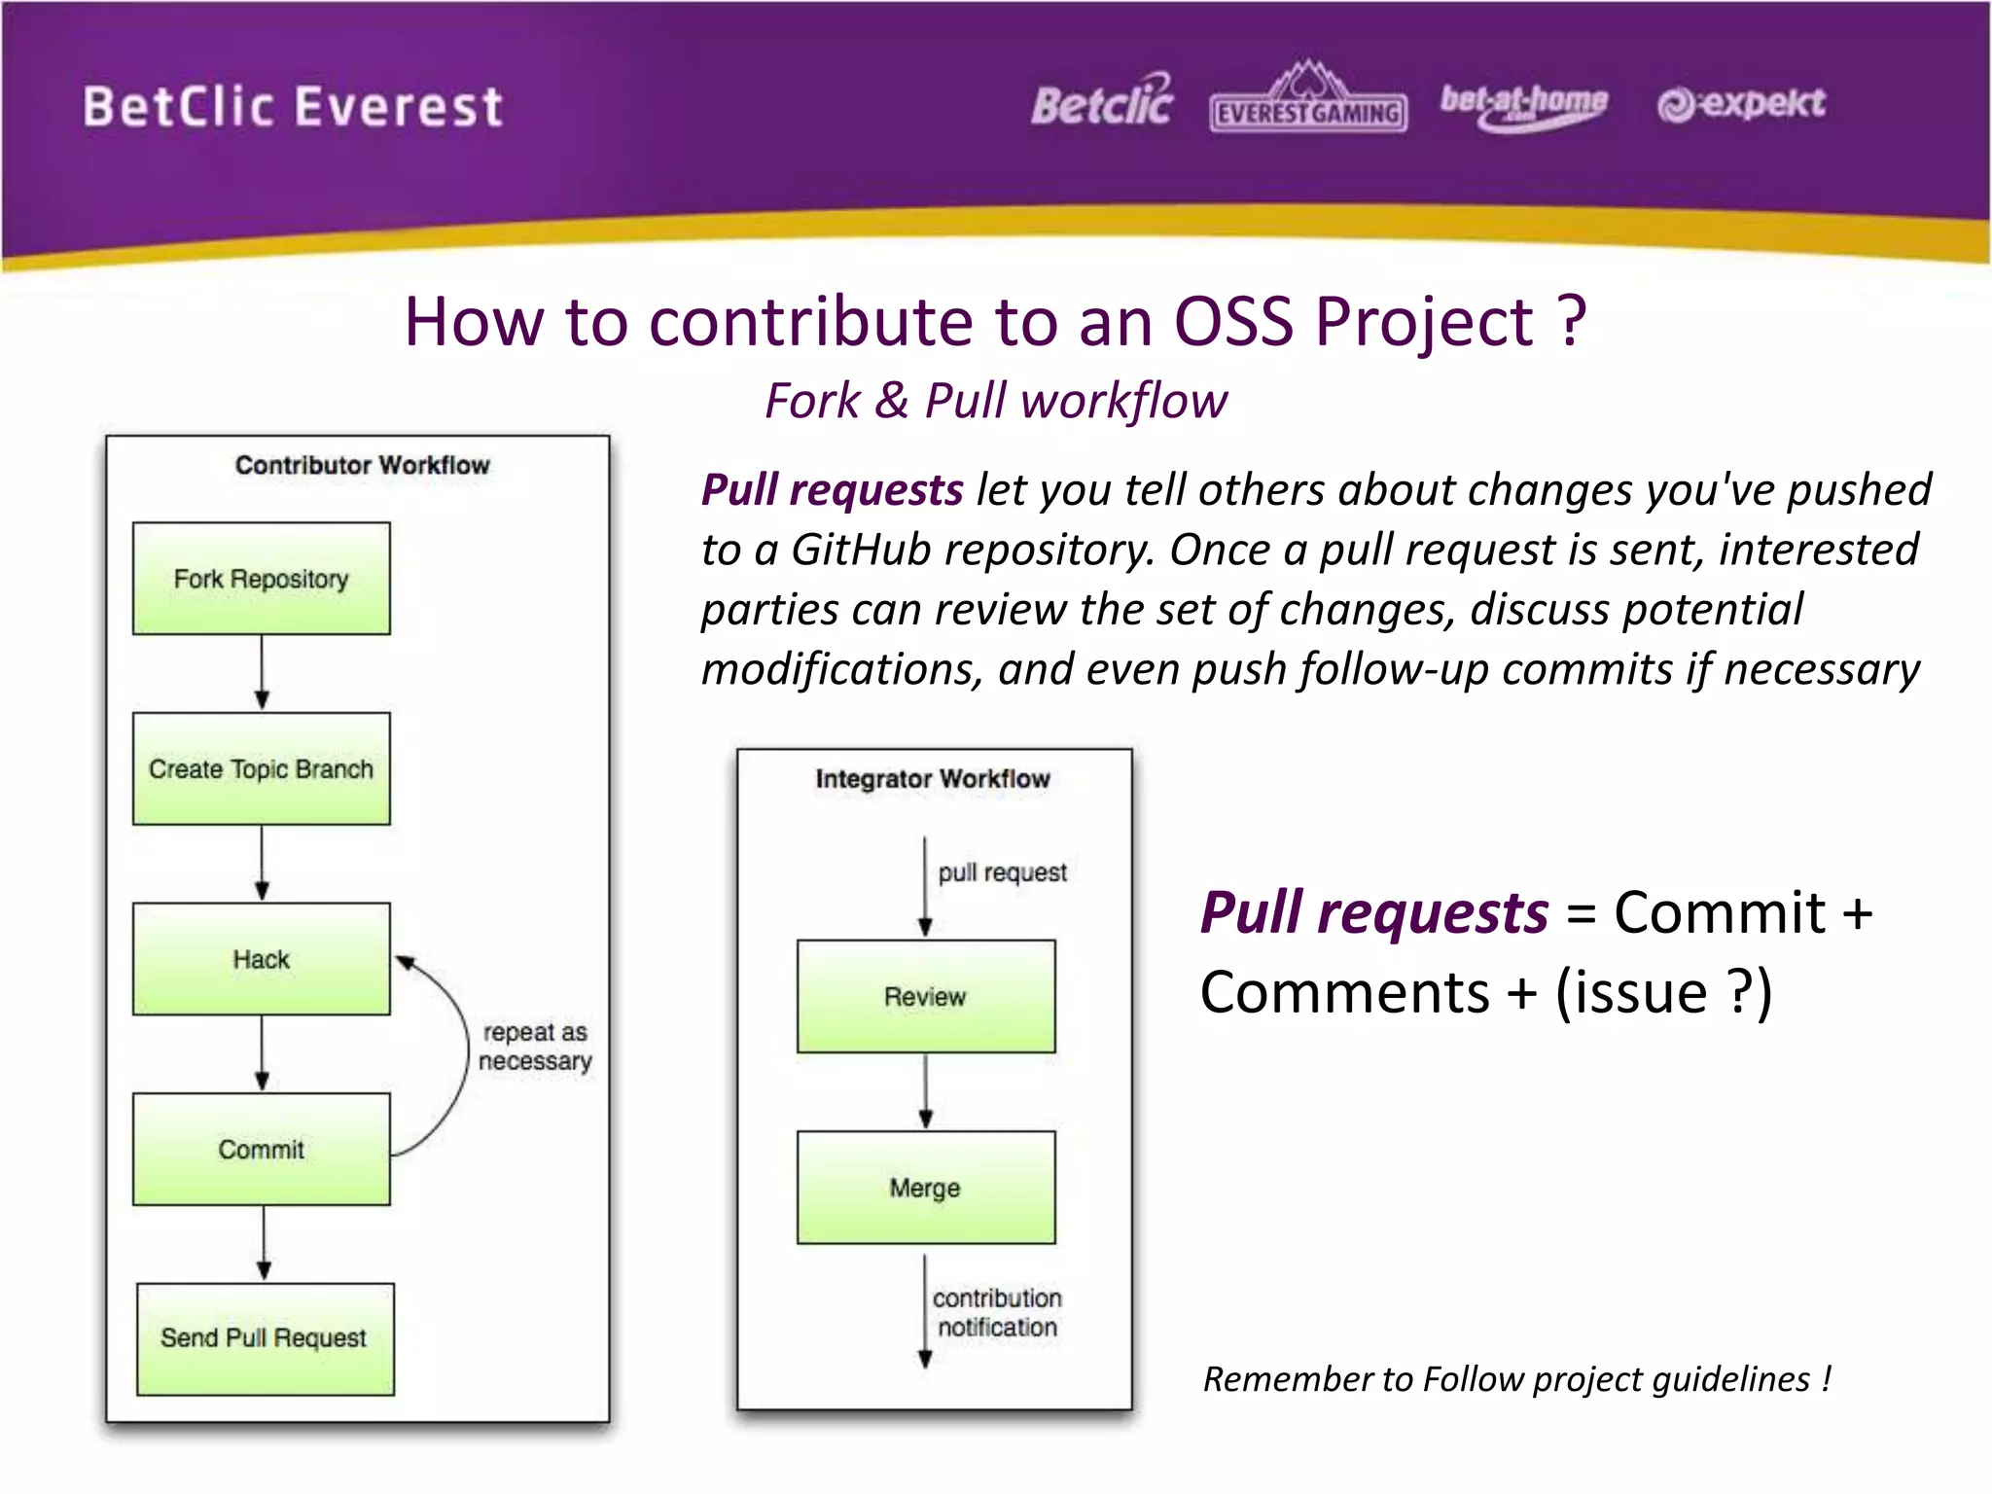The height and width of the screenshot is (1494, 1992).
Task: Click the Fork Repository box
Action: click(261, 579)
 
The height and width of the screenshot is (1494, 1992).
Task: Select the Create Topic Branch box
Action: click(261, 768)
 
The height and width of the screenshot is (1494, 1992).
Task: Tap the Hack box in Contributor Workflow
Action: click(261, 959)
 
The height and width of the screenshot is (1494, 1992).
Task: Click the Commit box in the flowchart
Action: click(261, 1149)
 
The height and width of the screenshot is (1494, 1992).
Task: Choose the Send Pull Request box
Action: click(265, 1338)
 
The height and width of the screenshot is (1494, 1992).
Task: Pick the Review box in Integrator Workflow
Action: click(925, 996)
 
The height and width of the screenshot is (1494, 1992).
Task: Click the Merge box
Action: click(925, 1187)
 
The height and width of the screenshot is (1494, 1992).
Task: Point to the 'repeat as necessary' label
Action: click(535, 1047)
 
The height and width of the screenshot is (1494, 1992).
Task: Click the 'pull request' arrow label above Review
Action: click(1002, 872)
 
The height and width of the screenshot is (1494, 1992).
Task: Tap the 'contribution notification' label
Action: click(997, 1312)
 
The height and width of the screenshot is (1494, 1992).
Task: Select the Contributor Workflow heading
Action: click(362, 465)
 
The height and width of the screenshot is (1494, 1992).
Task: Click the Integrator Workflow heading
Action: click(933, 779)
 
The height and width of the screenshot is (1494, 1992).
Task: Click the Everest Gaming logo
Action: click(1308, 100)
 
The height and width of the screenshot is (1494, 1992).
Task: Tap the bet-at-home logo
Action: click(1523, 104)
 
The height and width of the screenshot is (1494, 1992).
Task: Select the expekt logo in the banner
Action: click(1741, 103)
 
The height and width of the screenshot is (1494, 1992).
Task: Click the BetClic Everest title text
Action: click(293, 107)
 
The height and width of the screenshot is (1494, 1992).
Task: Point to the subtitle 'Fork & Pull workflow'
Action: click(996, 401)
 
